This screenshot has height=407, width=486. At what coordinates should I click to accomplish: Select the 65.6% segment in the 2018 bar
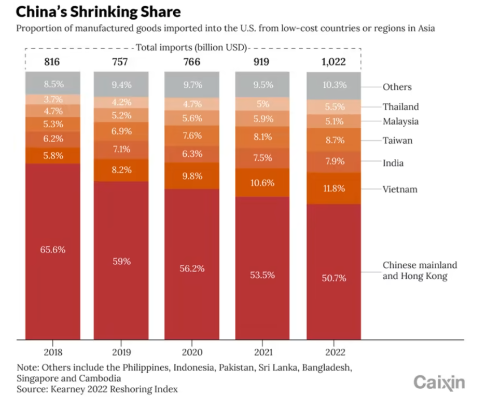(53, 249)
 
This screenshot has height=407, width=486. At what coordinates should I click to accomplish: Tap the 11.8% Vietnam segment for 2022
(334, 188)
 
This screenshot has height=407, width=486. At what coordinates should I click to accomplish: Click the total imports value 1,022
(334, 62)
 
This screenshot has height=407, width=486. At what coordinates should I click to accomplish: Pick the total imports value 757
(121, 62)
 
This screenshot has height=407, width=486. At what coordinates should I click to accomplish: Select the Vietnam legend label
(400, 189)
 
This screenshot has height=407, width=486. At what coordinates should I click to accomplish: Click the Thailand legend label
(400, 107)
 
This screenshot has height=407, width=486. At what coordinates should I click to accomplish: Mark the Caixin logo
(439, 383)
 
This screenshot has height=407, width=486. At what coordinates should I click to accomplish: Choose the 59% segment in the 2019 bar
(121, 261)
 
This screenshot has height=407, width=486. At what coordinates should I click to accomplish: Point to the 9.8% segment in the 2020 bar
(192, 176)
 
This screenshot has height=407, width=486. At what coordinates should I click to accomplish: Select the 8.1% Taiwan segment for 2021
(263, 138)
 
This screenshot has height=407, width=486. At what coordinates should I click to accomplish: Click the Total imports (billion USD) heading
(191, 48)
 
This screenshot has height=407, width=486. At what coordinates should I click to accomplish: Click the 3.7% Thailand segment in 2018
(53, 100)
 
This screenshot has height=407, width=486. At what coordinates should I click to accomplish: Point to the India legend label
(393, 163)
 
